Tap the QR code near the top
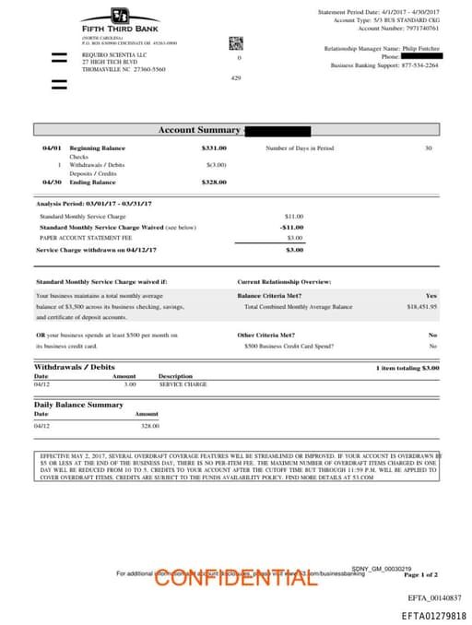(x=235, y=42)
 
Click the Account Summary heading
(x=198, y=130)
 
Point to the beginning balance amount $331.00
(x=214, y=147)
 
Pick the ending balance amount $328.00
(x=214, y=183)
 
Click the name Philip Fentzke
(x=418, y=47)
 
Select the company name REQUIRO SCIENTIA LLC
(x=115, y=54)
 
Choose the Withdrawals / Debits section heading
(x=75, y=367)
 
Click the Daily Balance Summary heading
(x=78, y=405)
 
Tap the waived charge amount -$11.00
(x=291, y=226)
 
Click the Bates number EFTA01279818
(x=433, y=615)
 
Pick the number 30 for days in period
(x=428, y=147)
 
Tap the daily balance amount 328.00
(x=149, y=426)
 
